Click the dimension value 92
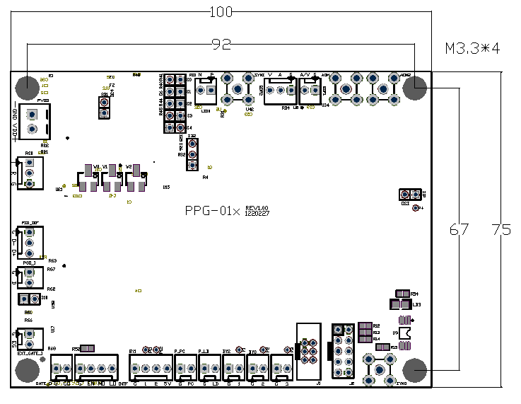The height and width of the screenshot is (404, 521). [222, 45]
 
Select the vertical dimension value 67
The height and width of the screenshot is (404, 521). [459, 229]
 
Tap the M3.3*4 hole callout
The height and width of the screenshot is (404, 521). [472, 49]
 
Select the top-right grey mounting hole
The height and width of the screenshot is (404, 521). [415, 88]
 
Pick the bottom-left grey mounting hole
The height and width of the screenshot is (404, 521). [28, 370]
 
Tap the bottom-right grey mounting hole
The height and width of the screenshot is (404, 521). [415, 370]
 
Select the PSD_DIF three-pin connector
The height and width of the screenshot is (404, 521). [30, 242]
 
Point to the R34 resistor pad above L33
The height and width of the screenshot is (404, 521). [402, 294]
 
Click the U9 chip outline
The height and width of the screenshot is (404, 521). [406, 332]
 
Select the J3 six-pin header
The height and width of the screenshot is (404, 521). [308, 350]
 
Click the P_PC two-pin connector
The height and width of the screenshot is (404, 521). [185, 368]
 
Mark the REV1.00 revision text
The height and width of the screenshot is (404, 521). [258, 208]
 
